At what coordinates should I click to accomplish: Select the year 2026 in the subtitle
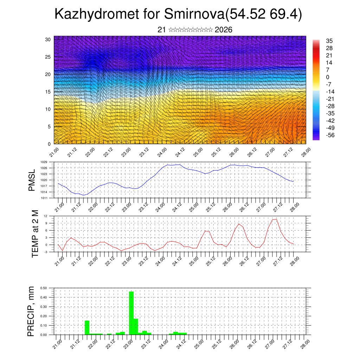tap(223, 30)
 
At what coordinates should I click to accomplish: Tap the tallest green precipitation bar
tap(131, 313)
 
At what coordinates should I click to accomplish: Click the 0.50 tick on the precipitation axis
tap(44, 288)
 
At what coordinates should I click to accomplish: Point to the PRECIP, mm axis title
tap(31, 311)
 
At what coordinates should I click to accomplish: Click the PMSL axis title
tap(32, 180)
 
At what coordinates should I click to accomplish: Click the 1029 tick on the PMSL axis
tap(44, 162)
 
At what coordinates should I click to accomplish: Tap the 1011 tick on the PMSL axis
tap(44, 198)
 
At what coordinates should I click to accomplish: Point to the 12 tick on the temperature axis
tap(45, 216)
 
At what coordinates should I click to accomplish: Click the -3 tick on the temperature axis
tap(45, 252)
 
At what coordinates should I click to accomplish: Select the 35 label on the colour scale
tap(329, 41)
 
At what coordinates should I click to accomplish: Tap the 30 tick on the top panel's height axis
tap(48, 39)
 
